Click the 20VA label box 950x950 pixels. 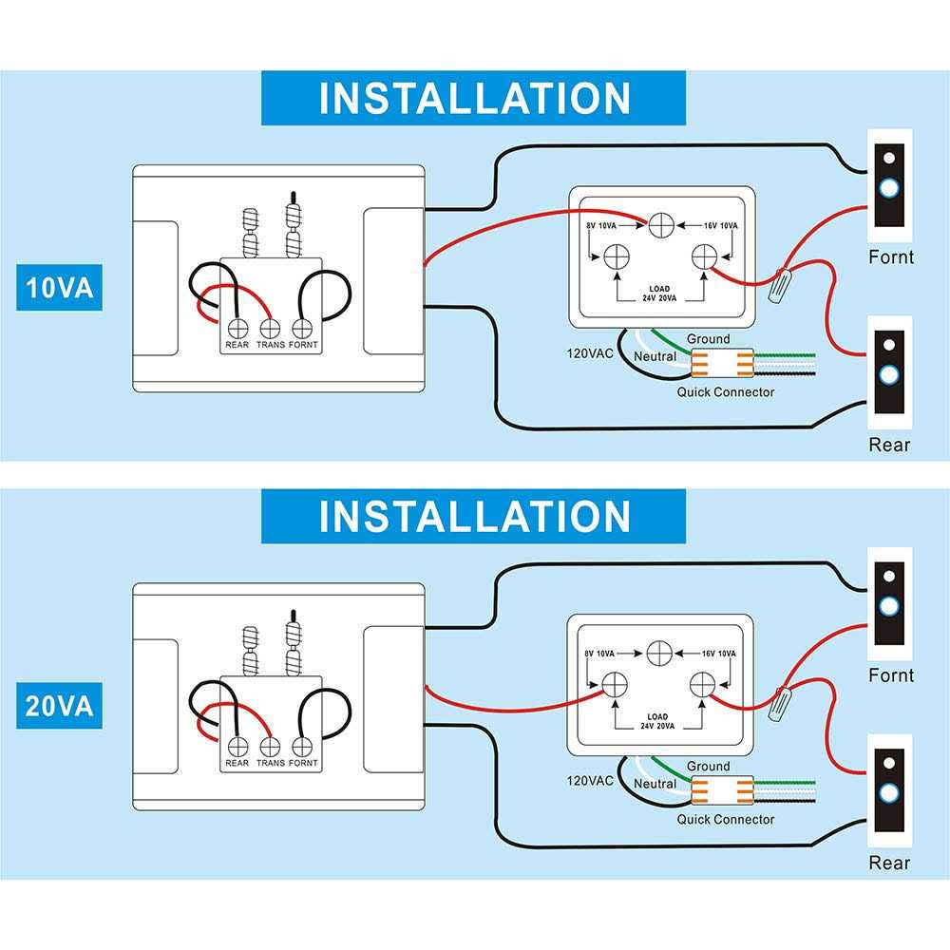pyautogui.click(x=59, y=707)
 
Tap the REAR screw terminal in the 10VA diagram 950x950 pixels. pyautogui.click(x=237, y=328)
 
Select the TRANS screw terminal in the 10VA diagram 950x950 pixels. pyautogui.click(x=270, y=328)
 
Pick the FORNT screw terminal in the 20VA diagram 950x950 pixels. pyautogui.click(x=303, y=747)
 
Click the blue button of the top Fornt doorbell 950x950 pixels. pyautogui.click(x=889, y=188)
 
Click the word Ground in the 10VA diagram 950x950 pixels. pyautogui.click(x=708, y=339)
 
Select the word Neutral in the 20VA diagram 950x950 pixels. pyautogui.click(x=655, y=784)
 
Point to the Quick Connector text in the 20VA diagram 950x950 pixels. pyautogui.click(x=725, y=819)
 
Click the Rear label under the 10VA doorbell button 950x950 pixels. pyautogui.click(x=889, y=445)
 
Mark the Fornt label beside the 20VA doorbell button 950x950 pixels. pyautogui.click(x=891, y=675)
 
